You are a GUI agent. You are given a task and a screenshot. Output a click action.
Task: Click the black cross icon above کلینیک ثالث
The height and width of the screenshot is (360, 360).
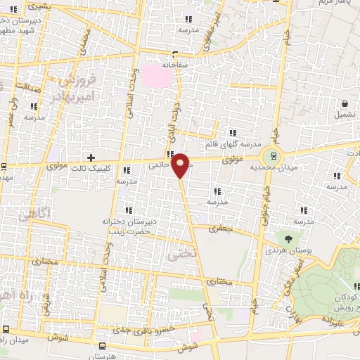click(x=90, y=157)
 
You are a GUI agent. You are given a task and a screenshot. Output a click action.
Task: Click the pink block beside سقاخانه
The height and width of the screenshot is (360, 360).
click(x=157, y=74)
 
